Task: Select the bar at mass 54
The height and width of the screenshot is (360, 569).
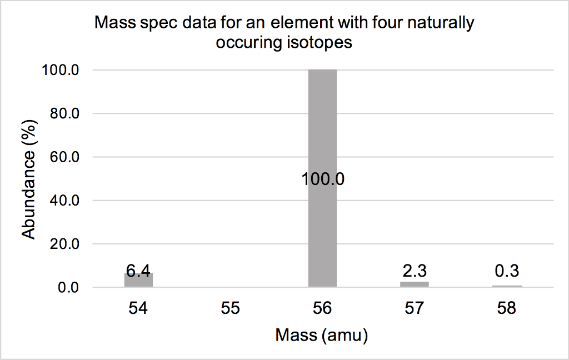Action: coord(138,280)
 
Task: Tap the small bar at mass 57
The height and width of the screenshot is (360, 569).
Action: coord(415,284)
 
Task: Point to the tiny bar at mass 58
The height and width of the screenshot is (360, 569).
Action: coord(507,286)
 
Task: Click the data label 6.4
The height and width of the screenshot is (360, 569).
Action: coord(138,271)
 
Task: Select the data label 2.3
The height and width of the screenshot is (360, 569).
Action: coord(415,272)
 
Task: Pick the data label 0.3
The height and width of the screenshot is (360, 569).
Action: coord(507,272)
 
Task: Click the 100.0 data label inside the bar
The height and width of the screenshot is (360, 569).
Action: coord(323,179)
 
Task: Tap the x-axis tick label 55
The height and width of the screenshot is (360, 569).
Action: coord(230,308)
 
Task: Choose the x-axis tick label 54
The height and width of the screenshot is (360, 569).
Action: coord(138,308)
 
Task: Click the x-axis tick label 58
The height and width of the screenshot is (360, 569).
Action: coord(507,308)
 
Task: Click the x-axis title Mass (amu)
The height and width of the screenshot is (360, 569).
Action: coord(322,336)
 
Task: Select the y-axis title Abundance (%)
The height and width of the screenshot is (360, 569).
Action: coord(29,179)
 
